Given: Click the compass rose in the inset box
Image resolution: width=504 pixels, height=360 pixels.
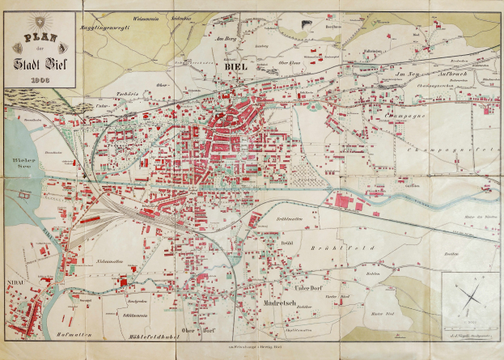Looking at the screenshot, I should pos(468,298).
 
